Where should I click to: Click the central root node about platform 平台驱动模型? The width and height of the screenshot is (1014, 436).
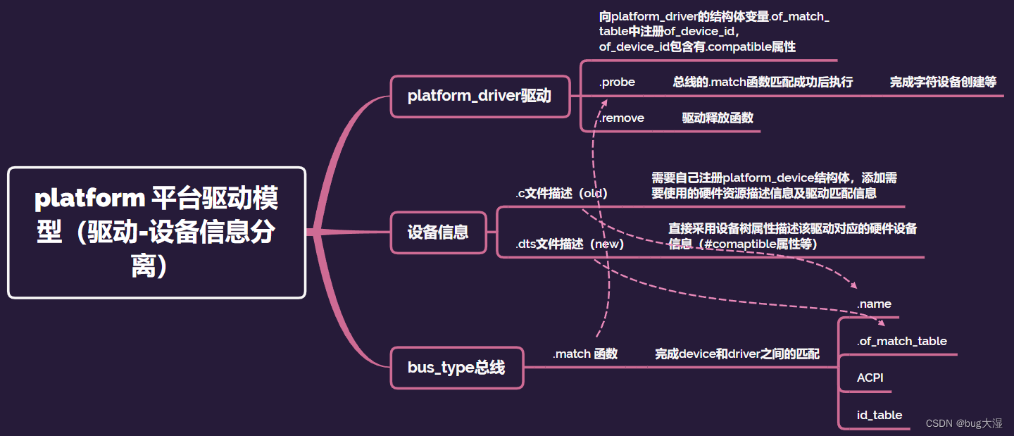pos(156,232)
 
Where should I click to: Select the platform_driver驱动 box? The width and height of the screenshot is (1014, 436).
pos(480,96)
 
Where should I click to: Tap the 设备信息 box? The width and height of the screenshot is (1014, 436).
pos(438,232)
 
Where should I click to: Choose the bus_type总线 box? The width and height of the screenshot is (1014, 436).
pos(456,367)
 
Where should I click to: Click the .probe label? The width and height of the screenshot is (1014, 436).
pos(617,82)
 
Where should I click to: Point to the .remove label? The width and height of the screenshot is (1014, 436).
pos(621,118)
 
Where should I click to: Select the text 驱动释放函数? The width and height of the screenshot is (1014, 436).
pos(718,118)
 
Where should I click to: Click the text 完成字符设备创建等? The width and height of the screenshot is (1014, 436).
pos(943,82)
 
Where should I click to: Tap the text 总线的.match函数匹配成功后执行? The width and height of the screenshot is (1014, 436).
pos(763,82)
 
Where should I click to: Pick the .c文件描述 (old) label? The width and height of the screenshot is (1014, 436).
pos(561,193)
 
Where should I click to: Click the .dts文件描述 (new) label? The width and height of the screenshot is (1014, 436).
pos(570,244)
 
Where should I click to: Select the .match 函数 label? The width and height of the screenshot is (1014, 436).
pos(584,354)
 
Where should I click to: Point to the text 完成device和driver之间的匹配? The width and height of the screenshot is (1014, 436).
pos(737,354)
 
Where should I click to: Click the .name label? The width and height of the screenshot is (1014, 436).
pos(874,304)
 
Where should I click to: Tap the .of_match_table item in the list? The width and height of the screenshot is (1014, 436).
pos(901,341)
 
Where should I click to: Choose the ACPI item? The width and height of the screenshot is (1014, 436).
pos(870,378)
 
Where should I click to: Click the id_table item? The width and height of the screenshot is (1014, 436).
pos(879,415)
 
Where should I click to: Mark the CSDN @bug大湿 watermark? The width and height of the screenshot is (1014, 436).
pos(964,423)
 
